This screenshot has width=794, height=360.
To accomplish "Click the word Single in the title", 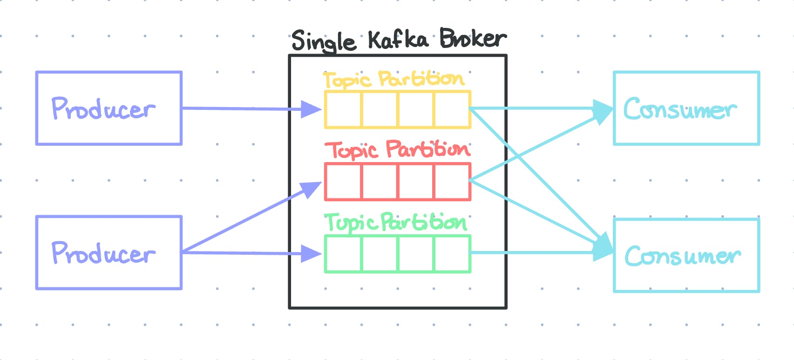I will (323, 41).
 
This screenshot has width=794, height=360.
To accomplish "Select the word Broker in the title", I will (472, 39).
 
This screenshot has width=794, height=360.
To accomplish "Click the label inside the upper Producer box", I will (103, 109).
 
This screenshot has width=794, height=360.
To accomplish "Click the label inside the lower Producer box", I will (103, 253).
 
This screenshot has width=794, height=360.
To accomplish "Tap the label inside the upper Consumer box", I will (680, 109).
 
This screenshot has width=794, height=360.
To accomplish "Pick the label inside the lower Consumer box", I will (682, 256).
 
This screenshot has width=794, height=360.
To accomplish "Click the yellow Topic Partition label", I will (394, 79).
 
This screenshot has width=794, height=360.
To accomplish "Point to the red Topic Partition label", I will (397, 150).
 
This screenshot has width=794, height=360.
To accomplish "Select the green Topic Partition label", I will (395, 222).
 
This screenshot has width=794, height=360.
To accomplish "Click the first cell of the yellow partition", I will (344, 110).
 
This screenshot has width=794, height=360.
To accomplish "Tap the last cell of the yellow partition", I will (452, 110).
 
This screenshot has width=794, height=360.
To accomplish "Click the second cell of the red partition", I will (380, 182).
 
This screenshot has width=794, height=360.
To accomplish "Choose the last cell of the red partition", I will (452, 182).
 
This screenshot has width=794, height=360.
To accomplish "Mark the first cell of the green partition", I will (344, 254).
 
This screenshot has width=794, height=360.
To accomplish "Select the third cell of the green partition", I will (416, 254).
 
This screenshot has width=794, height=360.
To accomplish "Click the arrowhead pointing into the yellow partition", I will (311, 109).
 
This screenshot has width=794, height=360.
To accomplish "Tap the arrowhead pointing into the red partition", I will (311, 189).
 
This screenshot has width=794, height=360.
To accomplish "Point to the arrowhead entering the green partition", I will (311, 254).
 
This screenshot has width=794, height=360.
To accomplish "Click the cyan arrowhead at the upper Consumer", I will (603, 111).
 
